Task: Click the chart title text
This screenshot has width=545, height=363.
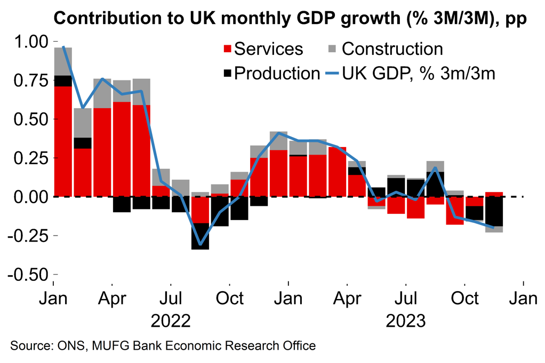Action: click(291, 19)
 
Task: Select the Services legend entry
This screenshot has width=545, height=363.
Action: click(262, 49)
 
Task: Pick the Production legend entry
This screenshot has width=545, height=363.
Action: click(270, 74)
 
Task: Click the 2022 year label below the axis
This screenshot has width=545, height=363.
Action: click(171, 321)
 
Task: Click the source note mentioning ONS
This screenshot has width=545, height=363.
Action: click(163, 346)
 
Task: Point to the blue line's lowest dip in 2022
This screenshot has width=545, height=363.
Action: click(200, 244)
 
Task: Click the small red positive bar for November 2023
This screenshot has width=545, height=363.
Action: click(494, 194)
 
